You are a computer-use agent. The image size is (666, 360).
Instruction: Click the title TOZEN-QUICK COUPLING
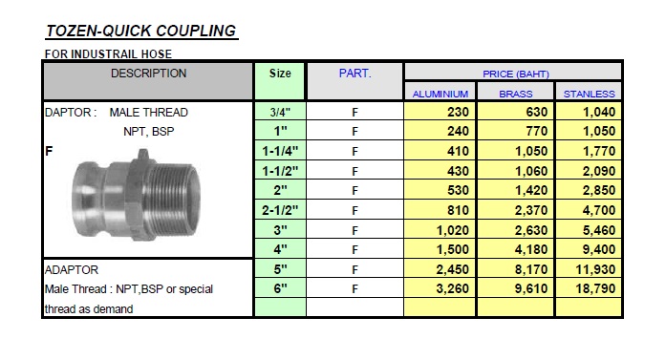tap(141, 31)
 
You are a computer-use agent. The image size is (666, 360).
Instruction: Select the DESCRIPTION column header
tap(148, 74)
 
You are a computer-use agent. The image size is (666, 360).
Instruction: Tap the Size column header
tap(280, 74)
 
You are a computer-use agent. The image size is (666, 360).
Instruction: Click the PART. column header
tap(354, 74)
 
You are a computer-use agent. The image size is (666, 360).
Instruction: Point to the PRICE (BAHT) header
tap(516, 74)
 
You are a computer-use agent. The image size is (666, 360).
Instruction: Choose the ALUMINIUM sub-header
tap(440, 94)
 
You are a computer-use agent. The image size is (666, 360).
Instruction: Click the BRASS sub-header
tap(516, 94)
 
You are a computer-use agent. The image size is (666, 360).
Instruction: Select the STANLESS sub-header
tap(590, 94)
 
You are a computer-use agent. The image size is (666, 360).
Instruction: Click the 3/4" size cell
tap(280, 113)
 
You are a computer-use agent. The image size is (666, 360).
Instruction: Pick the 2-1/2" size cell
tap(280, 210)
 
